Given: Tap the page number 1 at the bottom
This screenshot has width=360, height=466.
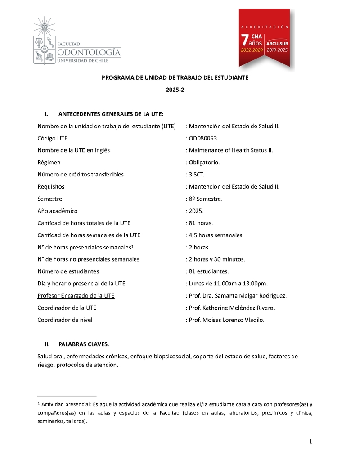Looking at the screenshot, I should [310, 442].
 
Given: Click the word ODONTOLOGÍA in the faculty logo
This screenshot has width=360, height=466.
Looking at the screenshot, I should [89, 53].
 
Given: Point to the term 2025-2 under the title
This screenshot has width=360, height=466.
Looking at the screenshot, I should [175, 90].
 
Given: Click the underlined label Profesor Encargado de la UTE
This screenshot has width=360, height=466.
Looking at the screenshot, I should [76, 296].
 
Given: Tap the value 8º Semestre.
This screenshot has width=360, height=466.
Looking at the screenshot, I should [206, 199].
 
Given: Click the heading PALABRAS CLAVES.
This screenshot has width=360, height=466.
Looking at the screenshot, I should [84, 344].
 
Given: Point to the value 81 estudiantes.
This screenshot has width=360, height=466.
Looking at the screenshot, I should [209, 271].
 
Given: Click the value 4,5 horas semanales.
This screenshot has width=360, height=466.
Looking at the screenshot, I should [216, 235].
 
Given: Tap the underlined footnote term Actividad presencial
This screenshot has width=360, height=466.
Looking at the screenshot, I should [66, 404].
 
